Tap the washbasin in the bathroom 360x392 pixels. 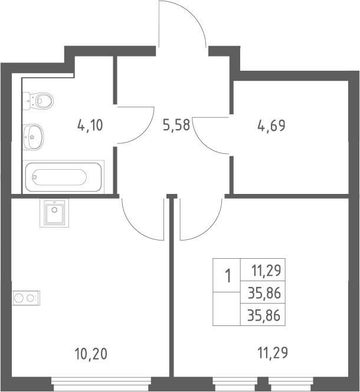(x=33, y=137)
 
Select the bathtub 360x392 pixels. (x=63, y=177)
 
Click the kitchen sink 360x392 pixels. (x=54, y=213)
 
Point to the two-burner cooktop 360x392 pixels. (x=27, y=298)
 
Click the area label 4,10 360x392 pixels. (x=90, y=125)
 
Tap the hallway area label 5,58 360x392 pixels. (x=176, y=125)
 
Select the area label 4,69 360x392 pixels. (x=271, y=126)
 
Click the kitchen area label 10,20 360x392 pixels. (x=91, y=354)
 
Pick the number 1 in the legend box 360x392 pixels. (x=228, y=276)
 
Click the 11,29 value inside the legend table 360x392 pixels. (x=266, y=271)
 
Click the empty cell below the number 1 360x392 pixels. (x=227, y=308)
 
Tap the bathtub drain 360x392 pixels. (x=35, y=177)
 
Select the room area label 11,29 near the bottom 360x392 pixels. (x=273, y=353)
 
